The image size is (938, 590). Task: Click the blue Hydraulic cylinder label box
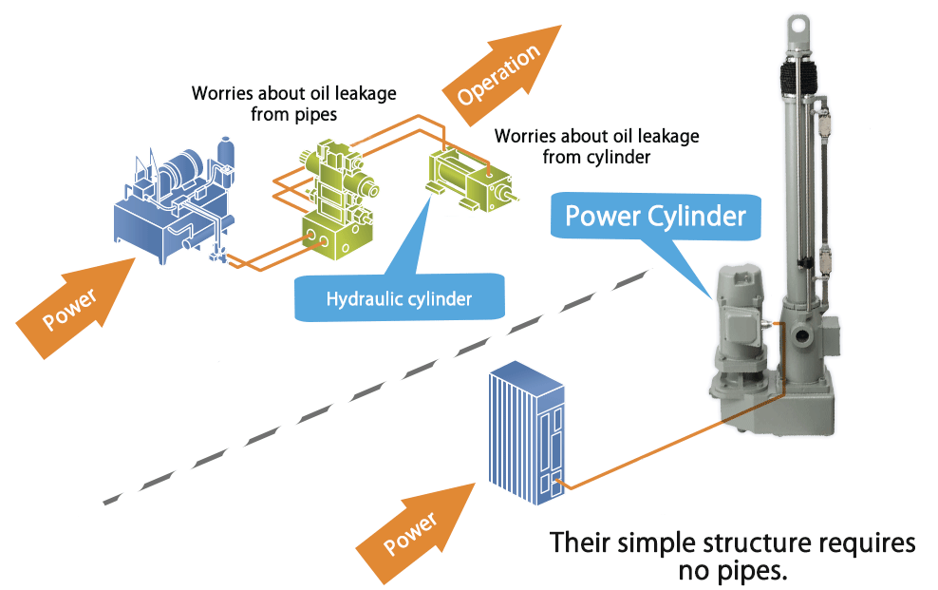[x=399, y=298]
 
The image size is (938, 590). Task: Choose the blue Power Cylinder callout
[x=655, y=217]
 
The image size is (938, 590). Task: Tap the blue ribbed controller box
[x=526, y=433]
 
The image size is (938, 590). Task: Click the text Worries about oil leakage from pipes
[x=293, y=105]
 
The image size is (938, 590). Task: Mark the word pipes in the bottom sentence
[x=757, y=571]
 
